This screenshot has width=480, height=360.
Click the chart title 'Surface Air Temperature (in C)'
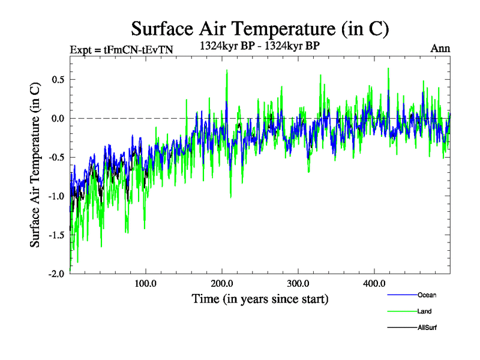tap(260, 28)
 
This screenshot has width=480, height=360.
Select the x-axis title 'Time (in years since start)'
tap(260, 298)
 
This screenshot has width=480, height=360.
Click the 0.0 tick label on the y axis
tap(56, 118)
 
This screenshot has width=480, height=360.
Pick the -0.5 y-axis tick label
tap(55, 157)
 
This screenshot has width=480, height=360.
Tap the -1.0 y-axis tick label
tap(55, 196)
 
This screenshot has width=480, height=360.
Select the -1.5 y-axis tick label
tap(55, 235)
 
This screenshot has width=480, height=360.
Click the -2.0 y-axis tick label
tap(55, 274)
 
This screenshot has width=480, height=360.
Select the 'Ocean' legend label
tap(427, 295)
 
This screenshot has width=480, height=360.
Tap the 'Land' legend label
tap(425, 311)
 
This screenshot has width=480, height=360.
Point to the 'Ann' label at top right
tap(440, 49)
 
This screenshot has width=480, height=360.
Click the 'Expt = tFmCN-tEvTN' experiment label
tap(122, 49)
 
